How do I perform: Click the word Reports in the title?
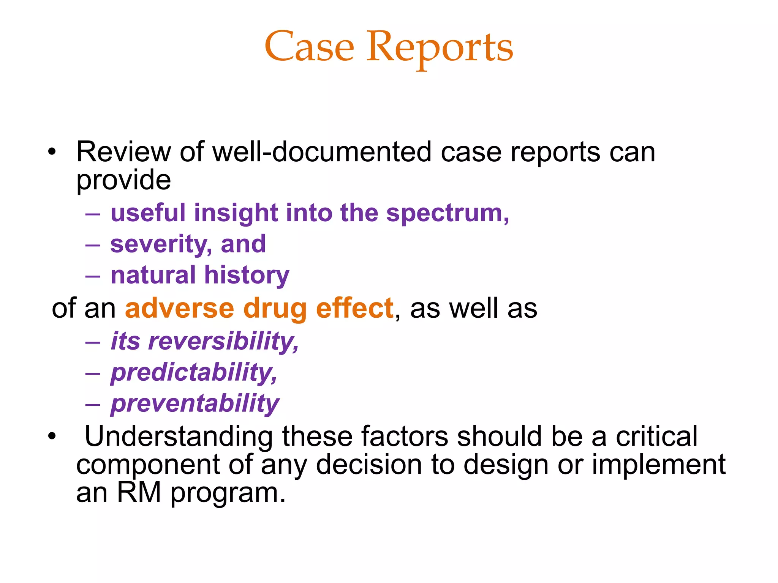(x=439, y=48)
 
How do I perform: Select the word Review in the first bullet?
(x=123, y=152)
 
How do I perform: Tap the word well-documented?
(x=322, y=152)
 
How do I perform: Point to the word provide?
(x=123, y=181)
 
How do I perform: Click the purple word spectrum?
(x=447, y=213)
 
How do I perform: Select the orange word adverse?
(x=179, y=308)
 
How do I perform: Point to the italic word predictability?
(x=194, y=373)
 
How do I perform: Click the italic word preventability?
(x=195, y=404)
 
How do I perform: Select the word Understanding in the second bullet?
(x=178, y=436)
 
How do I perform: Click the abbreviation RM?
(x=139, y=492)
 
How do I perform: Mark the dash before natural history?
(x=93, y=276)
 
